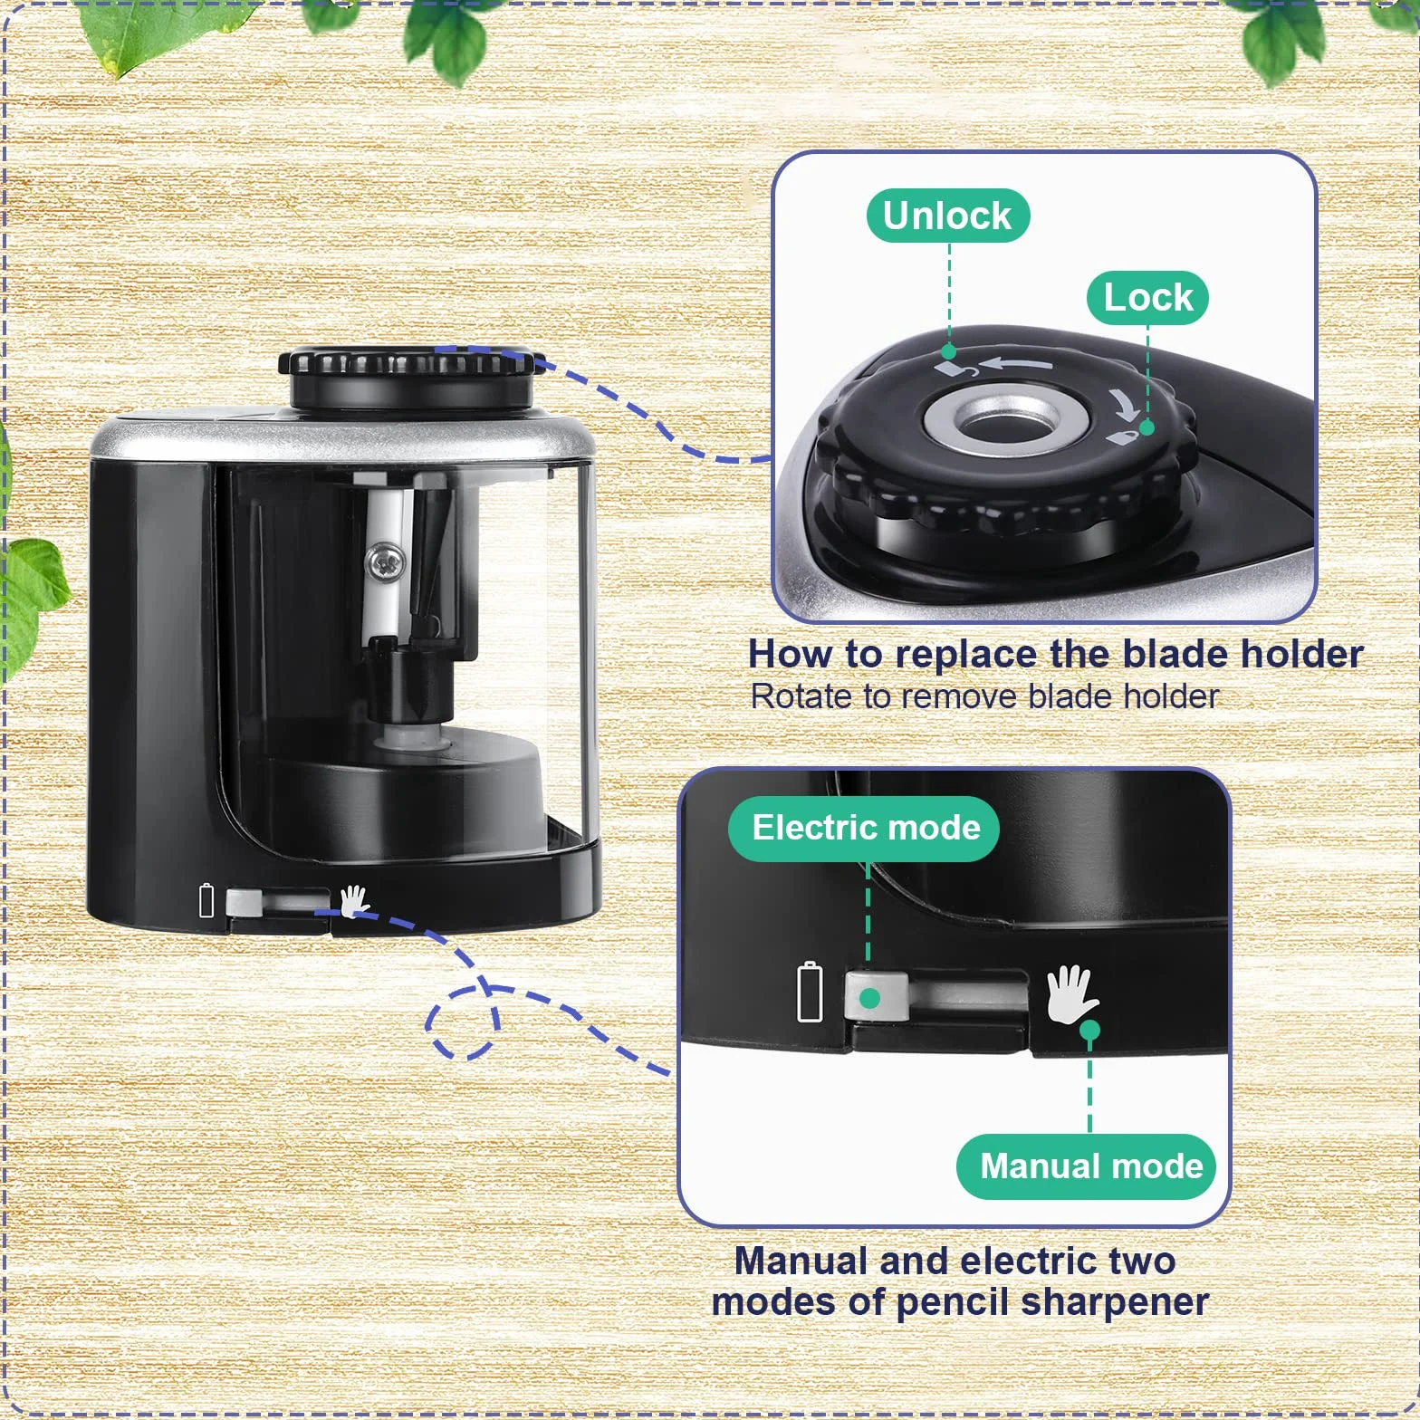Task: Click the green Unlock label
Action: coord(947,216)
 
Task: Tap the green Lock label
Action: coord(1148,297)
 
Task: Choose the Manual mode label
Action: coord(1090,1166)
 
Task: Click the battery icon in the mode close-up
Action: coord(810,992)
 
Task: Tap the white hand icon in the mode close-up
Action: coord(1072,993)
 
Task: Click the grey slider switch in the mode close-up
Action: coord(875,996)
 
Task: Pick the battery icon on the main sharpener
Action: coord(206,900)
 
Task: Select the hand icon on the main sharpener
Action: coord(354,901)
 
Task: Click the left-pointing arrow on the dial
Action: coord(1016,363)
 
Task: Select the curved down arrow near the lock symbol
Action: coord(1124,403)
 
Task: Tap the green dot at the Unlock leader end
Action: coord(949,351)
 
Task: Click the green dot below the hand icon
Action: coord(1090,1030)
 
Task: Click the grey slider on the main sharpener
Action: coord(244,903)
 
